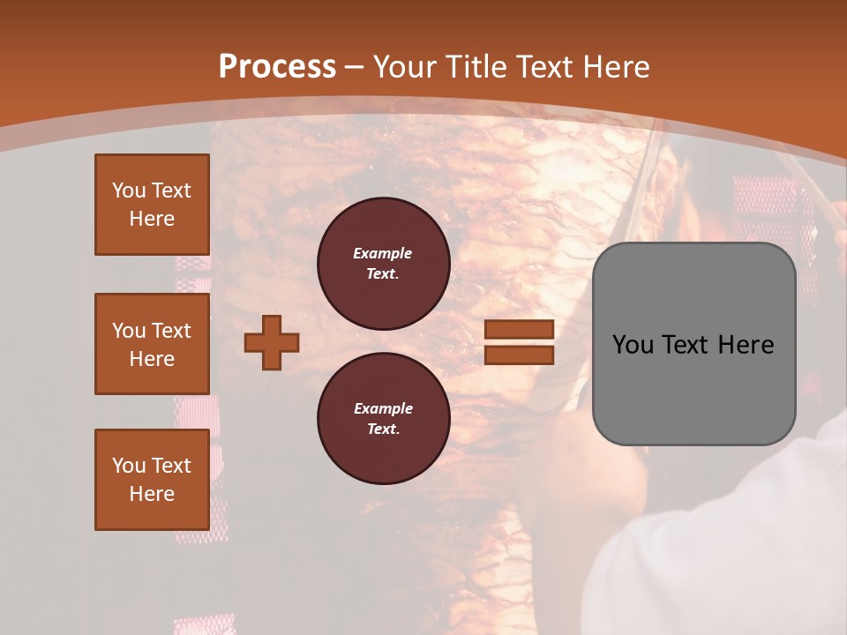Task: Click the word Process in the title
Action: pyautogui.click(x=277, y=67)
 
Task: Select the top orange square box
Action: pyautogui.click(x=152, y=205)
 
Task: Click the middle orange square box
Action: pyautogui.click(x=152, y=344)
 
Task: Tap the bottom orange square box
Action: pyautogui.click(x=152, y=480)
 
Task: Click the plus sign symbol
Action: pyautogui.click(x=272, y=342)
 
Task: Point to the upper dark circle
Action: pyautogui.click(x=383, y=263)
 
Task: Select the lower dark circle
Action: pyautogui.click(x=383, y=418)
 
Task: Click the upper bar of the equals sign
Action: pyautogui.click(x=519, y=329)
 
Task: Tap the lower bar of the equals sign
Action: pyautogui.click(x=519, y=355)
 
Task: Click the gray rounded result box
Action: pyautogui.click(x=693, y=344)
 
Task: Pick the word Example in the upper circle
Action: pyautogui.click(x=383, y=253)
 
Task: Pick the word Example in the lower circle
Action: pyautogui.click(x=383, y=408)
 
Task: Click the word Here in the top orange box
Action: pyautogui.click(x=152, y=219)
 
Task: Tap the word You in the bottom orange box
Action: pyautogui.click(x=128, y=466)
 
